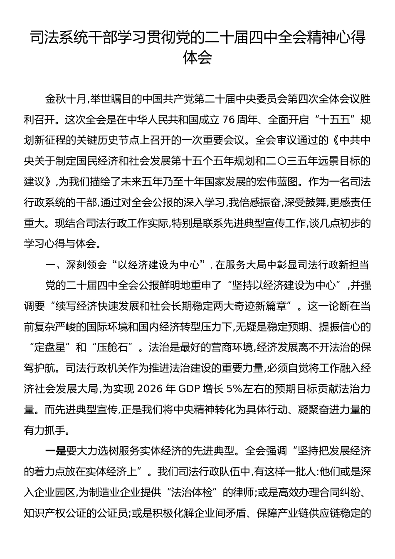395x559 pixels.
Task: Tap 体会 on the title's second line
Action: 197,58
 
